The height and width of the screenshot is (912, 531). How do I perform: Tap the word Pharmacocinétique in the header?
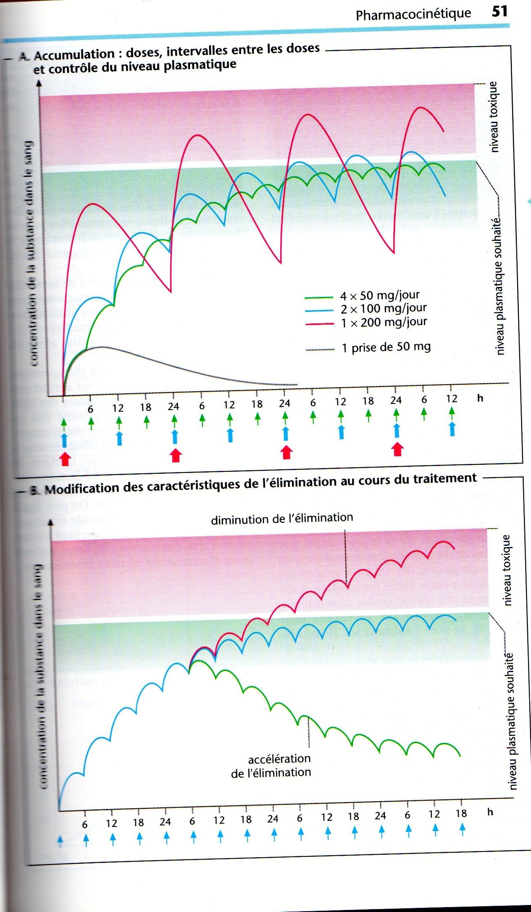click(413, 14)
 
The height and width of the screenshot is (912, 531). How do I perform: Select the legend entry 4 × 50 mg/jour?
click(379, 295)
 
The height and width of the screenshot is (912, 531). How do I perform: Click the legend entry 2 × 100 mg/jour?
click(383, 309)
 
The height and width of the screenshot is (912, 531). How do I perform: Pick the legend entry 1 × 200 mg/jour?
click(384, 322)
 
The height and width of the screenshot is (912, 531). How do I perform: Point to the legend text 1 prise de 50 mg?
click(386, 347)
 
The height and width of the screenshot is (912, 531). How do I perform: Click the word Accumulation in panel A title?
click(74, 54)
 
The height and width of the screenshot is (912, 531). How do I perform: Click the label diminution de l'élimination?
click(282, 518)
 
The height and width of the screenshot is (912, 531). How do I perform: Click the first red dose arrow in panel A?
click(65, 459)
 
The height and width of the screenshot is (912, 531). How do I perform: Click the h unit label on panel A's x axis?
click(480, 398)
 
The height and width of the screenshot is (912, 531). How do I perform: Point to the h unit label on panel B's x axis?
click(490, 812)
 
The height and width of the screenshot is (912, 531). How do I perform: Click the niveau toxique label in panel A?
click(494, 117)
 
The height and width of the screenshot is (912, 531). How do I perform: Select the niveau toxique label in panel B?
click(506, 570)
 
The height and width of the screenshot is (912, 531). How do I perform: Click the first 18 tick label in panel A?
click(145, 407)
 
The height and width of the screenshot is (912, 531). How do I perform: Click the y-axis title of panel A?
click(30, 253)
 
